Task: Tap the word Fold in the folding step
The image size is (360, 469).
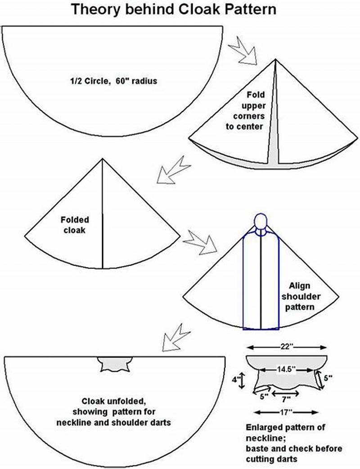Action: (x=256, y=95)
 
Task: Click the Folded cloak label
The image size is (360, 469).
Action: (x=75, y=225)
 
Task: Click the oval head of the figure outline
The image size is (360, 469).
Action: (x=261, y=222)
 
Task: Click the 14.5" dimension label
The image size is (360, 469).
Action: (x=286, y=369)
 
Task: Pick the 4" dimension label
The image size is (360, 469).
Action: (x=235, y=379)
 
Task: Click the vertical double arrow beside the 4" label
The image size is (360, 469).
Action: (x=242, y=380)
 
